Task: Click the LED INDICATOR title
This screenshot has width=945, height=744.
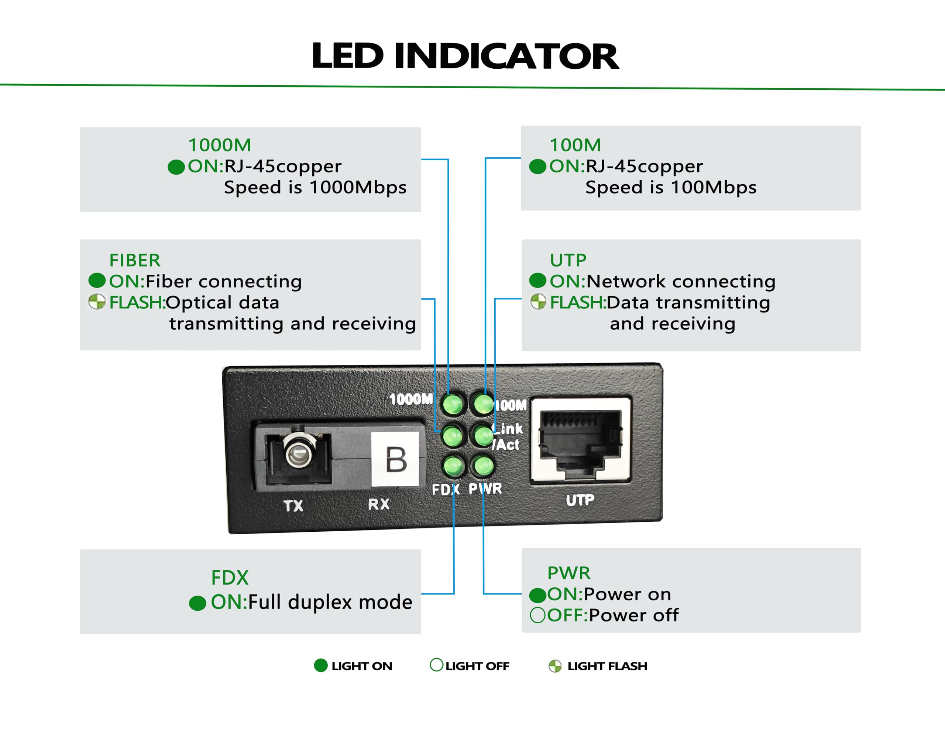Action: (465, 56)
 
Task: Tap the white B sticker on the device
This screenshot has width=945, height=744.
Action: (395, 459)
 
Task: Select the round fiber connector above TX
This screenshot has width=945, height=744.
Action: (299, 451)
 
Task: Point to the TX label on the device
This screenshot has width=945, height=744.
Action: (293, 506)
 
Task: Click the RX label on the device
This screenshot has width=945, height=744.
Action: (378, 504)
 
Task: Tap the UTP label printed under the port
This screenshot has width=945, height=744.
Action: (580, 500)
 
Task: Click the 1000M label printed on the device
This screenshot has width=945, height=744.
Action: (410, 399)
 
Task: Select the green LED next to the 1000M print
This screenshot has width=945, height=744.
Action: (453, 404)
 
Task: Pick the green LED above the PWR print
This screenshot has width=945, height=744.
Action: (483, 466)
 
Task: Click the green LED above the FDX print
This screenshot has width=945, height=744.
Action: (453, 466)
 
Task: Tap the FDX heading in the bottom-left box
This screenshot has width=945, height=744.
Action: (230, 577)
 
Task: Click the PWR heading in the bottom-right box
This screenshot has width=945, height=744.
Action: (569, 573)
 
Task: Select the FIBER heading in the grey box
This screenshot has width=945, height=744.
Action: (135, 260)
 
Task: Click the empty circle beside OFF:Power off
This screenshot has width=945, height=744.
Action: (538, 615)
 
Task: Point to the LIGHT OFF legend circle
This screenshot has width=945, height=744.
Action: (436, 665)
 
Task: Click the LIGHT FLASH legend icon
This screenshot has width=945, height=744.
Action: (555, 666)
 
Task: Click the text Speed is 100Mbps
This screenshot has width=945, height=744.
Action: (671, 187)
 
